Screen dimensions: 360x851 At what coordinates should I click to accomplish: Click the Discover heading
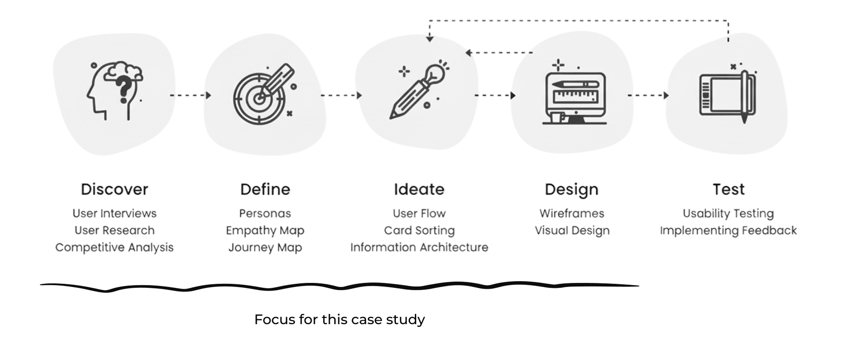(x=114, y=189)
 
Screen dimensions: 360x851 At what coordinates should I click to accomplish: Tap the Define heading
(x=265, y=189)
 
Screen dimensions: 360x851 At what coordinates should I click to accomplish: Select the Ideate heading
(x=419, y=189)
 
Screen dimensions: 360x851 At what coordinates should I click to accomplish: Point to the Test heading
(x=728, y=189)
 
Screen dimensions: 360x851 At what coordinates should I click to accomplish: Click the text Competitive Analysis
(x=114, y=247)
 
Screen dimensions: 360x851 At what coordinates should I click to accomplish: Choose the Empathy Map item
(x=265, y=231)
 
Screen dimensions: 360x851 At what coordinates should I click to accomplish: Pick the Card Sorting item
(x=419, y=231)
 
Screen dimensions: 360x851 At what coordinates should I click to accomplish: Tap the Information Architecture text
(x=419, y=247)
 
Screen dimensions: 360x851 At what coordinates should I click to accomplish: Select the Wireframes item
(x=571, y=213)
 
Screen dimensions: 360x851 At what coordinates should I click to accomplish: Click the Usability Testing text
(x=728, y=213)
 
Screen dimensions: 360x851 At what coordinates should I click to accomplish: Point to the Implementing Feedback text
(x=728, y=231)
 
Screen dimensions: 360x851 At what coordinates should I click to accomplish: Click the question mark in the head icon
(x=125, y=89)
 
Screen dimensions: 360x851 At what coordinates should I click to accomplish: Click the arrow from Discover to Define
(x=190, y=95)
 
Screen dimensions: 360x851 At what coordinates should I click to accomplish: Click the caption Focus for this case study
(x=340, y=319)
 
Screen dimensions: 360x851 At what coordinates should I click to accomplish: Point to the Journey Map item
(x=265, y=247)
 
